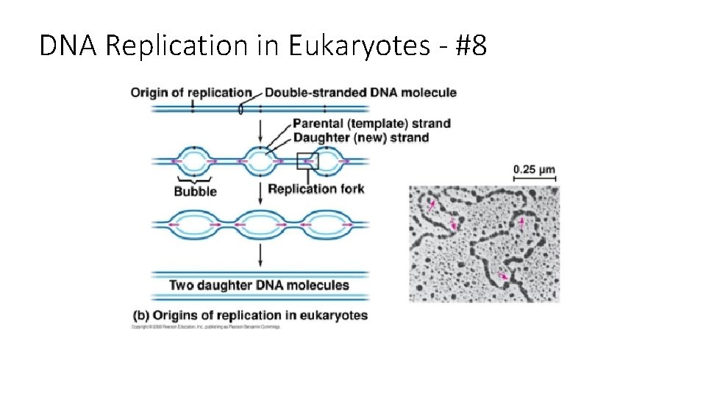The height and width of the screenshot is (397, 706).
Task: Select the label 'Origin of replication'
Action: click(x=191, y=93)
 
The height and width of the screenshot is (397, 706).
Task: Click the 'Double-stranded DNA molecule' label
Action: click(x=360, y=93)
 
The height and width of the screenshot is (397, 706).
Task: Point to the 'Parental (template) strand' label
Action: click(x=371, y=124)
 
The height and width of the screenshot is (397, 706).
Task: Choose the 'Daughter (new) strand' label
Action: click(x=360, y=137)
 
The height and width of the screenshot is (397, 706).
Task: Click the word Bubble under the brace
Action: click(x=195, y=192)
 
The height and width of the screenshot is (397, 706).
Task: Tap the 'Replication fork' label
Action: click(x=316, y=189)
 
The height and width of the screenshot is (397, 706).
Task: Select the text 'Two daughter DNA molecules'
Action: click(x=259, y=285)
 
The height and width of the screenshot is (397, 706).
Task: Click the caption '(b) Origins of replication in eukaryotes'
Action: click(x=250, y=315)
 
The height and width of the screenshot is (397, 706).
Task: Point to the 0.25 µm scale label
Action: click(x=534, y=170)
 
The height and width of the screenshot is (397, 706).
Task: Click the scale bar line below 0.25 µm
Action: click(x=534, y=179)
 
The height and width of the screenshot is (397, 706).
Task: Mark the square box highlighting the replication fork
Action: click(x=307, y=161)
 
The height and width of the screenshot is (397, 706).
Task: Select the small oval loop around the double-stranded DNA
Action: click(x=240, y=109)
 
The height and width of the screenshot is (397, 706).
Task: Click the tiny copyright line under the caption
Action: click(x=206, y=327)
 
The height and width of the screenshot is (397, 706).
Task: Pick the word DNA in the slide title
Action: click(x=69, y=46)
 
